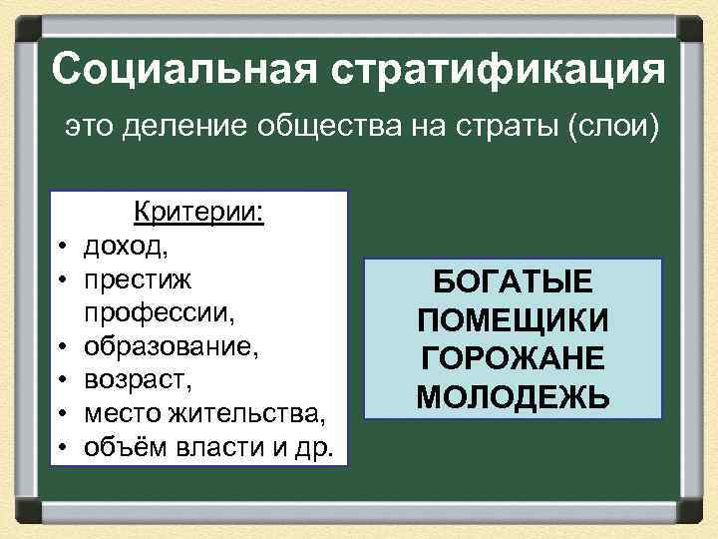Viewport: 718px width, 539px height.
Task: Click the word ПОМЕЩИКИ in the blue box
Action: pyautogui.click(x=514, y=321)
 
